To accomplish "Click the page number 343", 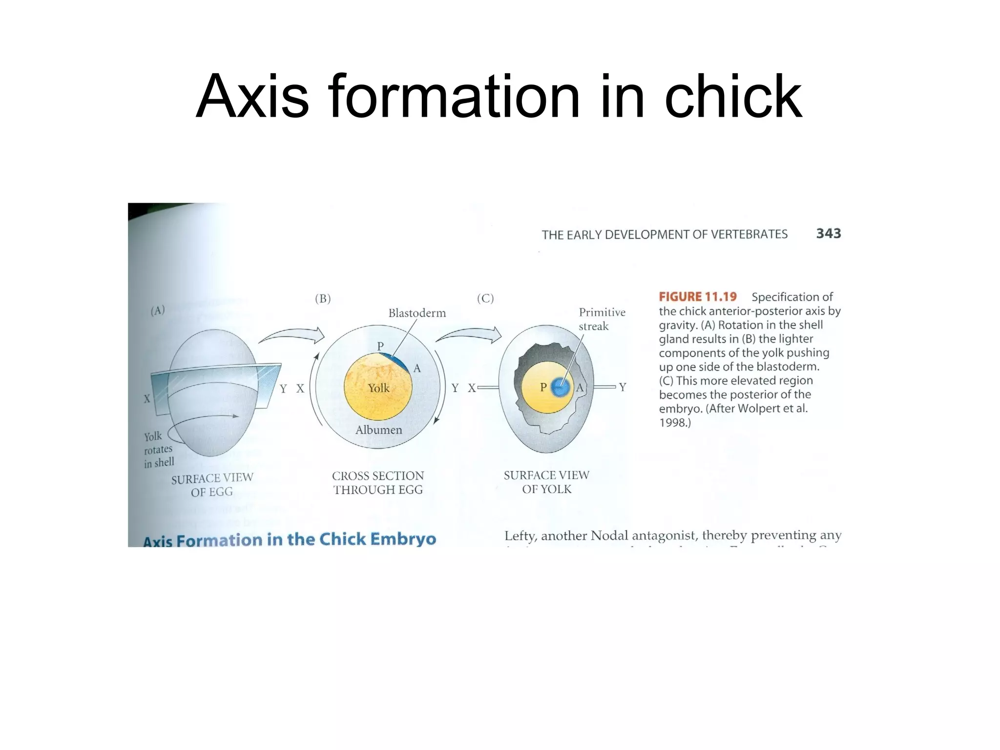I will pyautogui.click(x=828, y=233).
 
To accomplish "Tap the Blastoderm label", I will pyautogui.click(x=417, y=313).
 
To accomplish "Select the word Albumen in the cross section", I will pyautogui.click(x=378, y=430).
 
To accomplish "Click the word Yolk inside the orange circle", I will pyautogui.click(x=378, y=388).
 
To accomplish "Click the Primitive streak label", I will pyautogui.click(x=602, y=319).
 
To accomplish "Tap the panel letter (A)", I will pyautogui.click(x=157, y=311).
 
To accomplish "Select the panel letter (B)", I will pyautogui.click(x=323, y=299).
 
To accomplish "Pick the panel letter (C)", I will pyautogui.click(x=485, y=298).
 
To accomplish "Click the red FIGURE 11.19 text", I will pyautogui.click(x=697, y=297).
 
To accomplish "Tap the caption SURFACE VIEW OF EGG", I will pyautogui.click(x=212, y=484).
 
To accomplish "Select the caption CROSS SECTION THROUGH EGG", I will pyautogui.click(x=378, y=482).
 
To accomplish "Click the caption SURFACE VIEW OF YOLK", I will pyautogui.click(x=546, y=482).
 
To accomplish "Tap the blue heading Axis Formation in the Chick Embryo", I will pyautogui.click(x=289, y=540).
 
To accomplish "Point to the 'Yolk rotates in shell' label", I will pyautogui.click(x=158, y=450).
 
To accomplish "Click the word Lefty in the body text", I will pyautogui.click(x=520, y=536).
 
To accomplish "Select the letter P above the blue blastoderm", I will pyautogui.click(x=380, y=346).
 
